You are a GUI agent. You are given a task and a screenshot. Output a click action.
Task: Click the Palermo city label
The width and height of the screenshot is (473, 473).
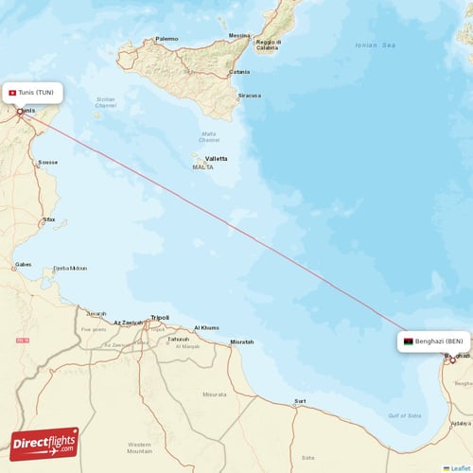(166, 39)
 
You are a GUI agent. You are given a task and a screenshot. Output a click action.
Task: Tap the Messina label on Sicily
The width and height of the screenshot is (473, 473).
(239, 36)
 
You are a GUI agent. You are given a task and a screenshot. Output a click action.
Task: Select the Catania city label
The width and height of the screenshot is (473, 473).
(239, 72)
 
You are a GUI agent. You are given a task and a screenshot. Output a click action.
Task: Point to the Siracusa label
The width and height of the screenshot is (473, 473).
(249, 96)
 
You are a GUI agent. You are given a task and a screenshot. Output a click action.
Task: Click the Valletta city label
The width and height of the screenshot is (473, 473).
(216, 158)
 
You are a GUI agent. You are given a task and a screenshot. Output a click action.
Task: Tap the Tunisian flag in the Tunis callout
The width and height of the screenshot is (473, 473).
(11, 92)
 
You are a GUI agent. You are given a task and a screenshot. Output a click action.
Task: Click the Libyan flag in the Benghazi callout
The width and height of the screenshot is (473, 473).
(408, 341)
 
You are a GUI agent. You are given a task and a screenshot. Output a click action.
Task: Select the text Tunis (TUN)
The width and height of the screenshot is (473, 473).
(38, 92)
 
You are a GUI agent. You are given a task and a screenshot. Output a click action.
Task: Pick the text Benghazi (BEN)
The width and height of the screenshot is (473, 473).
(439, 341)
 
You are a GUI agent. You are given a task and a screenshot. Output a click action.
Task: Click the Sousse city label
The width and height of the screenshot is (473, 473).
(47, 162)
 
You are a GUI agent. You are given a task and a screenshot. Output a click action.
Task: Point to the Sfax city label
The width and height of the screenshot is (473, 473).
(48, 219)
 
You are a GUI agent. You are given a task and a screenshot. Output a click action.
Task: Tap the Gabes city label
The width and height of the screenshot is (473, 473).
(24, 265)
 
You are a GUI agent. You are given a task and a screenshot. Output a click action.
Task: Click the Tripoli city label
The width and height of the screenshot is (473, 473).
(160, 318)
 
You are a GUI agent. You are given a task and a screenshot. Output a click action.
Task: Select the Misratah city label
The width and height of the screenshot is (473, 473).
(241, 342)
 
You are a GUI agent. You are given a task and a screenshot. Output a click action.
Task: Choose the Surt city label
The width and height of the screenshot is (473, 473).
(300, 401)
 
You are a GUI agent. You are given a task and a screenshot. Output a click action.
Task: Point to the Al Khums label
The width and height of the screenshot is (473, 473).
(206, 327)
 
